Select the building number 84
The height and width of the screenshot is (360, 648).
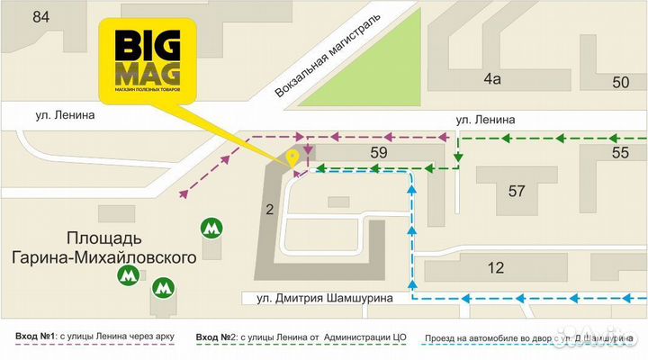40,16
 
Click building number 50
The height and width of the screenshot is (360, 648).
620,83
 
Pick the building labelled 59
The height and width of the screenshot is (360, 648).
379,153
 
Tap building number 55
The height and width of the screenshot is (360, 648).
620,154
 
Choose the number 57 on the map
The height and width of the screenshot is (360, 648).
516,191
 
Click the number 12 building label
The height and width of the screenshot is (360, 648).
495,267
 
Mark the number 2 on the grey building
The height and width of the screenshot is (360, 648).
268,210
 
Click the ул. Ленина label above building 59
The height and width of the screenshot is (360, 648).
485,119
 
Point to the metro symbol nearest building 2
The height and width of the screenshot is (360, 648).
211,229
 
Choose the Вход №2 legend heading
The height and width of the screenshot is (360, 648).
217,337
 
